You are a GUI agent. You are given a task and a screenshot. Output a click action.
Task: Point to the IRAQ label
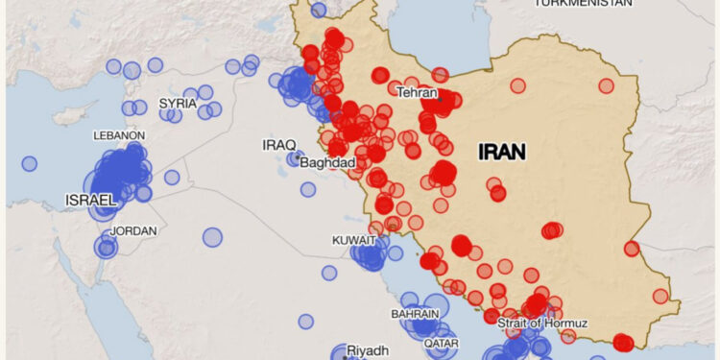coord(279,145)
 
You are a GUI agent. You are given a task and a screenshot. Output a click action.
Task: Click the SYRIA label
coord(178,103)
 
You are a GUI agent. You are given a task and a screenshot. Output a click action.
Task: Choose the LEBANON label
coord(119,136)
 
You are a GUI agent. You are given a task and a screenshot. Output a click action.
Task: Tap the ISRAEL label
coord(90,200)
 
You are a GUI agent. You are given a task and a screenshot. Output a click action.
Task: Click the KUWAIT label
coord(354,240)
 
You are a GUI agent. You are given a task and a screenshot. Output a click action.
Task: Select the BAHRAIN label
coord(415,314)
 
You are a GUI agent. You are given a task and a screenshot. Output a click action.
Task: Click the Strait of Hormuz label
coord(542,324)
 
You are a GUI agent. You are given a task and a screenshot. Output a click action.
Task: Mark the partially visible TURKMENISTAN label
coord(583,3)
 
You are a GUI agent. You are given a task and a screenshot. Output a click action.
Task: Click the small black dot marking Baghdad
coord(299,155)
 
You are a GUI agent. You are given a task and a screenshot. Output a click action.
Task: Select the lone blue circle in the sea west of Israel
coord(29,163)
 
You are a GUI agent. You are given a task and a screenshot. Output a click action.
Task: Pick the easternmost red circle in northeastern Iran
coord(606,85)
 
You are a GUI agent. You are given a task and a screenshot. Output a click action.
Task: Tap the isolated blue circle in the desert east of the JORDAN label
coord(212,236)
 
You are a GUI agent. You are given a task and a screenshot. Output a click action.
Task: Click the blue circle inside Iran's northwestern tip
coord(319,10)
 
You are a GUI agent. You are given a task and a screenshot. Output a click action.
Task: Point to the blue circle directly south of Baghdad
coord(308,189)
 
